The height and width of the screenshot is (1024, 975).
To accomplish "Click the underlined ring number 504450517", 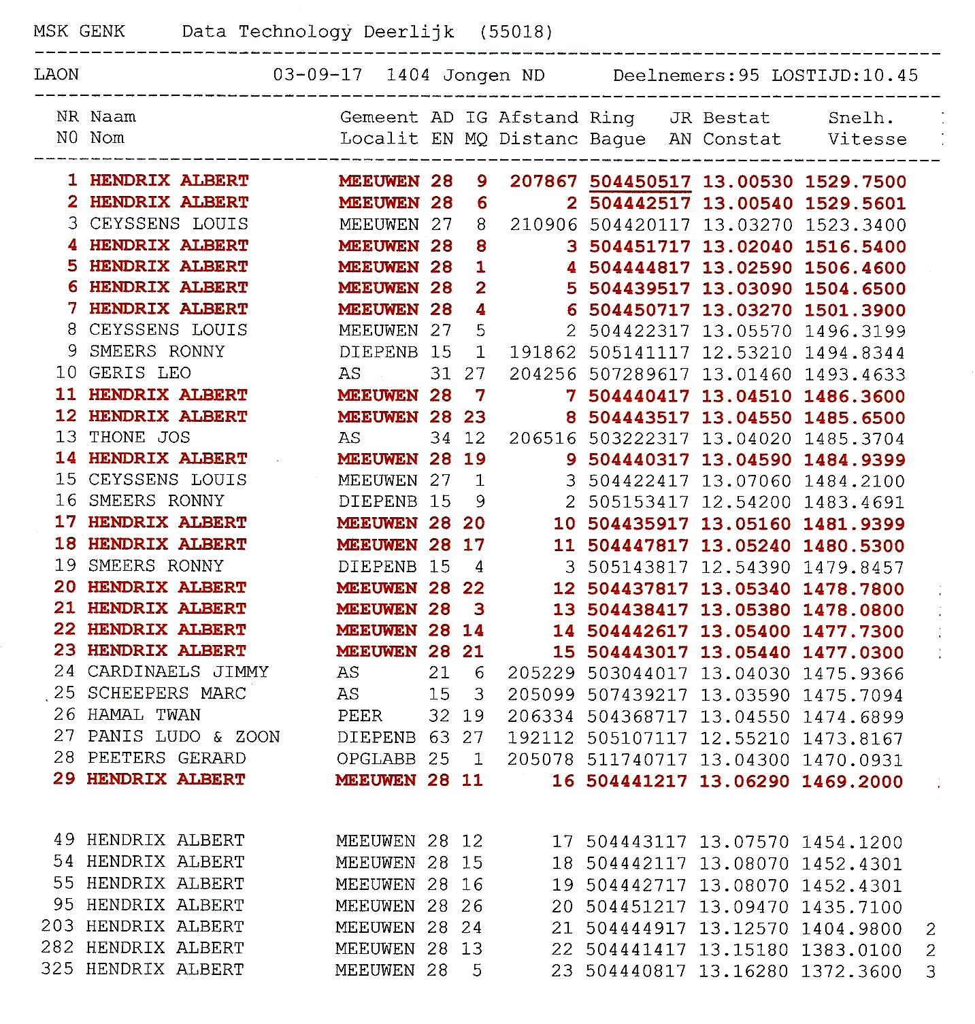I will pos(640,182).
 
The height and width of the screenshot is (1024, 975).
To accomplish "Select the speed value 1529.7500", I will pos(855,182).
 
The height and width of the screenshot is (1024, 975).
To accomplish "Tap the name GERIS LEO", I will pos(140,373).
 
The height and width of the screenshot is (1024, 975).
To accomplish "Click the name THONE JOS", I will pos(139,437).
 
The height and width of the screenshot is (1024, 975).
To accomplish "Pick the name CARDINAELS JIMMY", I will pos(178,672).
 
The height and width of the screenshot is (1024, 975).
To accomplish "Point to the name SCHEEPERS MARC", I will pos(167,693).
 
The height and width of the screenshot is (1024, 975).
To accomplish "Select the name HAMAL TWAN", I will pos(144,714).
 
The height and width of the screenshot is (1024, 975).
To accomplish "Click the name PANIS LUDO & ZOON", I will pos(184,736).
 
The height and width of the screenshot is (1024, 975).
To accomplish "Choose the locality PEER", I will pos(360,715).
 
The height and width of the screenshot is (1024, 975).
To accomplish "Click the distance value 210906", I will pos(543,225).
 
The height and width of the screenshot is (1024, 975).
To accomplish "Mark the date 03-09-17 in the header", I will pos(317,75).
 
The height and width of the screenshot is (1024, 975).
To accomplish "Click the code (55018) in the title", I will pos(516,32).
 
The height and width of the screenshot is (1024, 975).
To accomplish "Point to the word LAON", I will pos(56,74).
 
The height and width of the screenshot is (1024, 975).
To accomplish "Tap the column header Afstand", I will pos(538,118).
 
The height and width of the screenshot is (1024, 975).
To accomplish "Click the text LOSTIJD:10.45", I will pos(844,75).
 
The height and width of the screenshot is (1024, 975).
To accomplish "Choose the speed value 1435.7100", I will pos(852,907).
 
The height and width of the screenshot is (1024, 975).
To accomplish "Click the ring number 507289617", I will pos(639,374).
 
